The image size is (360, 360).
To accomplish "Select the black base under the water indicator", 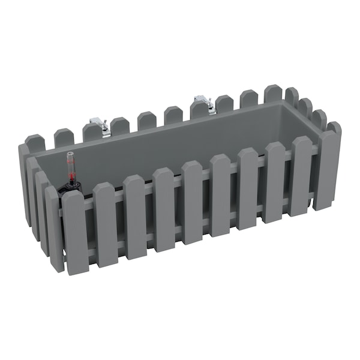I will click(x=71, y=188).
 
